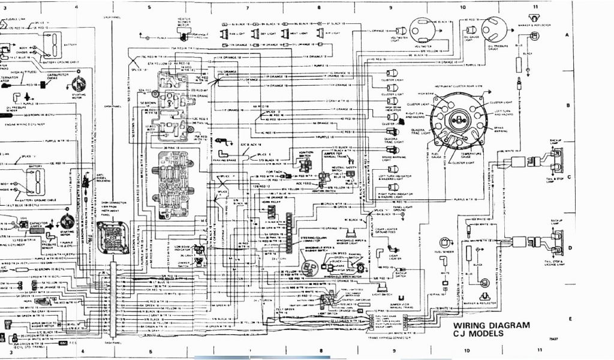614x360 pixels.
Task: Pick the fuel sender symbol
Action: click(x=445, y=242)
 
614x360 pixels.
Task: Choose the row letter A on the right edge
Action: click(x=566, y=35)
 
